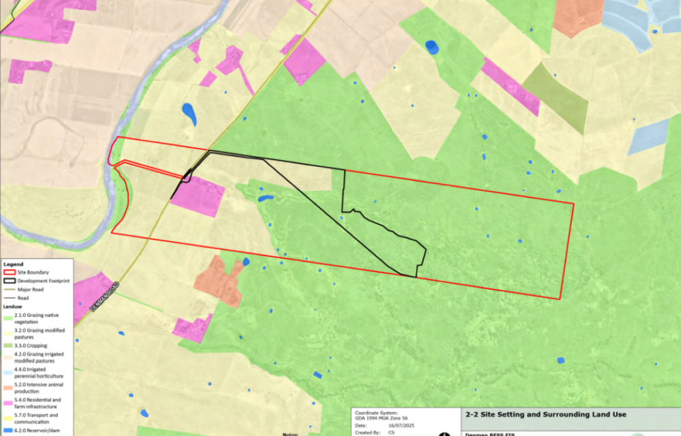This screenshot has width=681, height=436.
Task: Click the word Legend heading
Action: [13, 264]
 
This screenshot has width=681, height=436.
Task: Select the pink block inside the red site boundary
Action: [198, 196]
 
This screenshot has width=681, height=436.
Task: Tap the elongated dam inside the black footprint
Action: [265, 199]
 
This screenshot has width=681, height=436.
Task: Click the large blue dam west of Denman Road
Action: [189, 114]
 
